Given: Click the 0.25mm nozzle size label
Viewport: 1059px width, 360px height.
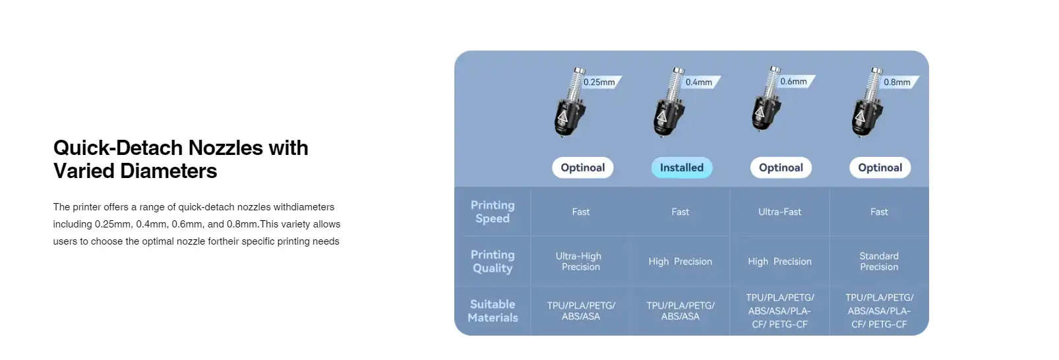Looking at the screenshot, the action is tap(599, 82).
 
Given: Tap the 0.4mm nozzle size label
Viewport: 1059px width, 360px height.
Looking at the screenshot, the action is tap(699, 82).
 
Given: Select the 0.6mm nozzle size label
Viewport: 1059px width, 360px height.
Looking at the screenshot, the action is tap(793, 81).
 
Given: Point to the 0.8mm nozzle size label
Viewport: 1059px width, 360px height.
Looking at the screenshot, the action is tap(897, 82).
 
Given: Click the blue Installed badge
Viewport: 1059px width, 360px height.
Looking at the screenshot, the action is tap(682, 167).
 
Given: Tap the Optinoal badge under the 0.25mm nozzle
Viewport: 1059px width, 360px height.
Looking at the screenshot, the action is tap(582, 167).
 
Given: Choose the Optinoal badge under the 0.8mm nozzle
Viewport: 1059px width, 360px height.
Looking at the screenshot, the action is tap(880, 167).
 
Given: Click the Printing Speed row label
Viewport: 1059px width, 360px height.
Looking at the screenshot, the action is tap(493, 212).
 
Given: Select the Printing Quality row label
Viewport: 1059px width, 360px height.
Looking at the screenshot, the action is tap(493, 261).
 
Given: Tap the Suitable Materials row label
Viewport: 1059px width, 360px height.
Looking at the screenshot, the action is tap(493, 311).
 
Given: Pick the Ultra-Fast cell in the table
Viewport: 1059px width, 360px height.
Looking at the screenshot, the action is tap(779, 212).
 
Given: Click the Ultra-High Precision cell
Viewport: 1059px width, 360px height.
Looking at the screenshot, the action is tap(580, 261).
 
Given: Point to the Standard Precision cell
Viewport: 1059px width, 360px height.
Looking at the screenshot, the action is tap(879, 261).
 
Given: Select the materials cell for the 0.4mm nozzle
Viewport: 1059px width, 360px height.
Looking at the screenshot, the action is tap(681, 311).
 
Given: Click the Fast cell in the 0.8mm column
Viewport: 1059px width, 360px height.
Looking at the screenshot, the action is tap(879, 212).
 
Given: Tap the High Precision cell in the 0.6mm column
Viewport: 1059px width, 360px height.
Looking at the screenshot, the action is tap(779, 261).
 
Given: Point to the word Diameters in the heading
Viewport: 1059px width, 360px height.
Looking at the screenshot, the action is tap(168, 171).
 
